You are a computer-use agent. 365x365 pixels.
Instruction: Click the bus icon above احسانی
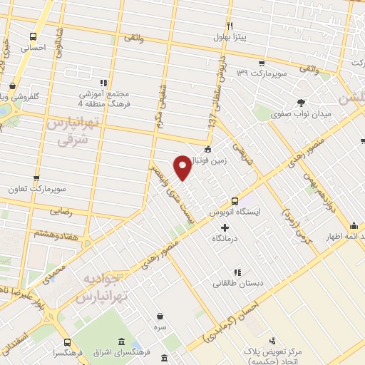[x=33, y=36]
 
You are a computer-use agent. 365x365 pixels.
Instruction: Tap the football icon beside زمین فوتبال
[x=207, y=150]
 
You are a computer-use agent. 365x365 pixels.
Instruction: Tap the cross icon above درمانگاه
[x=225, y=228]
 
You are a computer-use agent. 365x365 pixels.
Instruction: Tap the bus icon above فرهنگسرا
[x=67, y=341]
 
